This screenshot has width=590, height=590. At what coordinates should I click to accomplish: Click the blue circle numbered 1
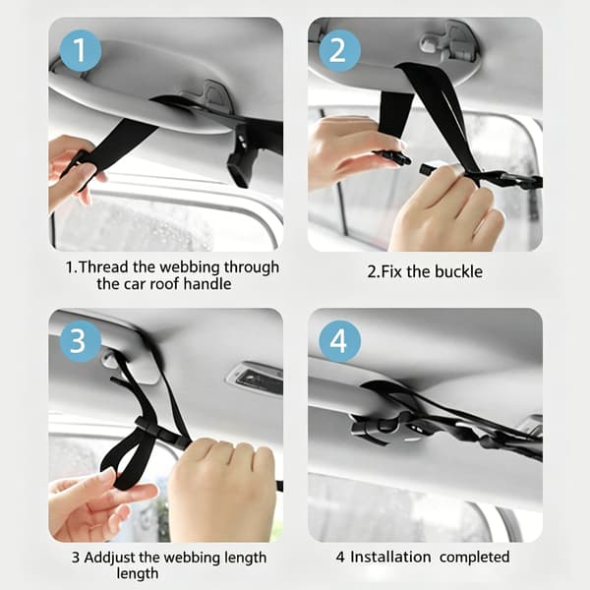pos(81,50)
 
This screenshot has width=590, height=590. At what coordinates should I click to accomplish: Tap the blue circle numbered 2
pos(339,50)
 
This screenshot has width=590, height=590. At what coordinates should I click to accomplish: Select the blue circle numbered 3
pos(81,341)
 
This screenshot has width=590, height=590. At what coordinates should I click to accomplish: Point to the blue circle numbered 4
pos(339,341)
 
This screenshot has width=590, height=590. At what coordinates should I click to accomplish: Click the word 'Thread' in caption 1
pos(104,267)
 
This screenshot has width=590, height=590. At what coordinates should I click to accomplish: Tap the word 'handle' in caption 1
pos(207,284)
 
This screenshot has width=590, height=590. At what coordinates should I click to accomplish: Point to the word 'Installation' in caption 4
pos(390,557)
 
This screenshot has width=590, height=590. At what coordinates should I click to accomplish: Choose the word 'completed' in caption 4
pos(475,558)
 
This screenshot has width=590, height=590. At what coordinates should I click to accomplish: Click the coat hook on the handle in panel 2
pos(447,43)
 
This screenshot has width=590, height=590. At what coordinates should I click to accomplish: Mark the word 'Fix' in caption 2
pos(391,271)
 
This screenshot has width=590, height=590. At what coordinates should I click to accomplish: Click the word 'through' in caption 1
pos(252,267)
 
